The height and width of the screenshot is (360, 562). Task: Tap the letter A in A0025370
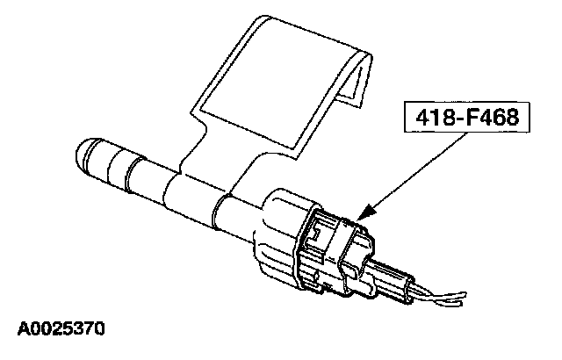(24, 330)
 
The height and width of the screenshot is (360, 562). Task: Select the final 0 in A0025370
(100, 330)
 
